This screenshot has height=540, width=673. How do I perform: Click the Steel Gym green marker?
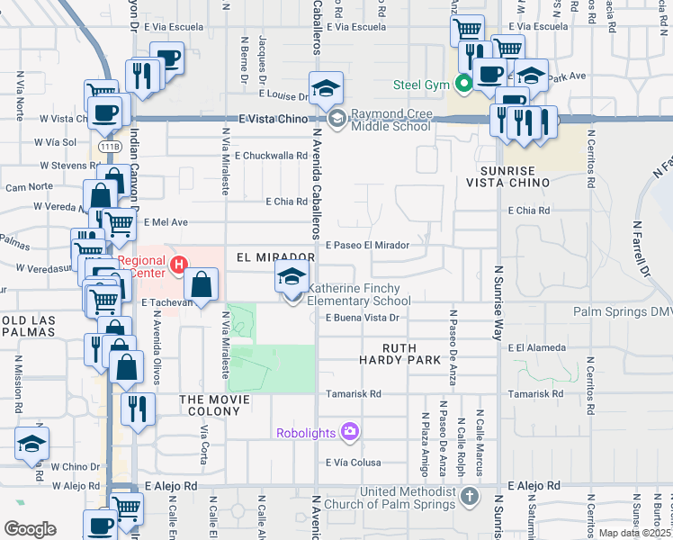464,85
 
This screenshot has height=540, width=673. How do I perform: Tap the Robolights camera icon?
349,432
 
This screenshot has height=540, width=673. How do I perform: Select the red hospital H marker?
179,265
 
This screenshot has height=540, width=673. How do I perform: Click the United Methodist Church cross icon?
469,497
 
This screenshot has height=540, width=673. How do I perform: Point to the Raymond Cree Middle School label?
390,121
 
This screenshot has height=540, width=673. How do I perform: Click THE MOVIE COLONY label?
211,405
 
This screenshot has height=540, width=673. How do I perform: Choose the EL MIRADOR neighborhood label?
275,257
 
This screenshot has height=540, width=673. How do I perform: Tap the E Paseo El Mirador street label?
368,245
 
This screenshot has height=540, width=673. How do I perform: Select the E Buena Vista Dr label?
362,318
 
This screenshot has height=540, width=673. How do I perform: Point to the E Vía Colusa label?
353,463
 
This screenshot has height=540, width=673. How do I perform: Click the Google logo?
29,528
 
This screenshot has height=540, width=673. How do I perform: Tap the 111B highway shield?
110,146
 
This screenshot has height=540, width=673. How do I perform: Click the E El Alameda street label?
537,347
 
